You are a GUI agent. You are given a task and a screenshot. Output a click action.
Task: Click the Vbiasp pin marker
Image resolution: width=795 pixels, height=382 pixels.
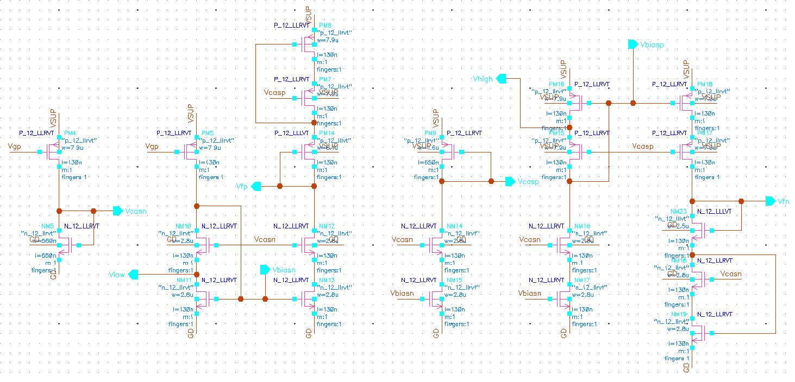click(x=633, y=44)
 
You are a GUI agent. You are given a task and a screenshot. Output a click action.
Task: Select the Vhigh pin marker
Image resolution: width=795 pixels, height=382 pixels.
click(x=501, y=79)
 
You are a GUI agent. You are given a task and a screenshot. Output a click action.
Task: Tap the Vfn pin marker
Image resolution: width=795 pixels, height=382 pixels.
click(x=770, y=201)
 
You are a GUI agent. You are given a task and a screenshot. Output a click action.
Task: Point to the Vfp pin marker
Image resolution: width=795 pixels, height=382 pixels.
click(x=256, y=186)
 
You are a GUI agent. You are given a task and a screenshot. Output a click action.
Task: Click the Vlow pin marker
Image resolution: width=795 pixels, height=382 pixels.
click(x=133, y=275)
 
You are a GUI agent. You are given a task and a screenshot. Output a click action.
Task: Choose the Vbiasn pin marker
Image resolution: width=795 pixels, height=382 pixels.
click(x=265, y=270)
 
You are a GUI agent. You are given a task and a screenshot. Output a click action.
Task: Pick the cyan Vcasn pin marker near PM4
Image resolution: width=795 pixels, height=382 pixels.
click(x=117, y=211)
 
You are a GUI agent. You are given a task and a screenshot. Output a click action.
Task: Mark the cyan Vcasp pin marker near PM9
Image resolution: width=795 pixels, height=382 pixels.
click(x=510, y=181)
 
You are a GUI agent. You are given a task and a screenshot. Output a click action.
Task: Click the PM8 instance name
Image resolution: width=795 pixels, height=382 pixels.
click(x=325, y=26)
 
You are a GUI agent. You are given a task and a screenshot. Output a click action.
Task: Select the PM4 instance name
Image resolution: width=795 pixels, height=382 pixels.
click(x=70, y=133)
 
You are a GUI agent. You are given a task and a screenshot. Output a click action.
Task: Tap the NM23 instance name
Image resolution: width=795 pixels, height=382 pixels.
click(x=679, y=212)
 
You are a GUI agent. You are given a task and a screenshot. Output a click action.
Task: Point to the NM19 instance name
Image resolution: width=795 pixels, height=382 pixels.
click(x=679, y=314)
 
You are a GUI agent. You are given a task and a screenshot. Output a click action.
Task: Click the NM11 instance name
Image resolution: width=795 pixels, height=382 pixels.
click(x=185, y=280)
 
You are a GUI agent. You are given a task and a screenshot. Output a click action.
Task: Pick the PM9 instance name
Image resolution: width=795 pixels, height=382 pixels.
click(x=446, y=133)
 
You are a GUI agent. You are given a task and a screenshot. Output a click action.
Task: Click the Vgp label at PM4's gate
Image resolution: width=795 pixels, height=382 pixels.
click(x=15, y=147)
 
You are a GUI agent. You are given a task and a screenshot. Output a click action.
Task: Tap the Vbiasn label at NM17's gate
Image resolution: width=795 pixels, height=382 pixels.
click(x=530, y=294)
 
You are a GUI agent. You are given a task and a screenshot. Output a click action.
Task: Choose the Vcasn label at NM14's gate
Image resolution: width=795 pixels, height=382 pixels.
click(x=402, y=239)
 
